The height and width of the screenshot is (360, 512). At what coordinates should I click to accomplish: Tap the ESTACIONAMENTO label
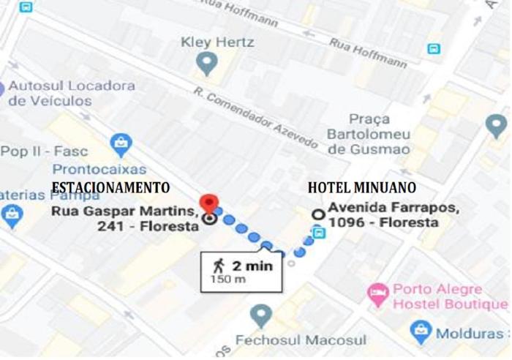(110, 187)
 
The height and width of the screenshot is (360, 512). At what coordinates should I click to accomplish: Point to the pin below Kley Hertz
(208, 64)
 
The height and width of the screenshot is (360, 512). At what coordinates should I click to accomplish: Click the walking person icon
(218, 265)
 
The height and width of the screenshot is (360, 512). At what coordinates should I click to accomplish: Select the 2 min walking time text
(252, 266)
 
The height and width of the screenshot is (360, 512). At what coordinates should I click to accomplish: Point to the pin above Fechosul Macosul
(260, 316)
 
